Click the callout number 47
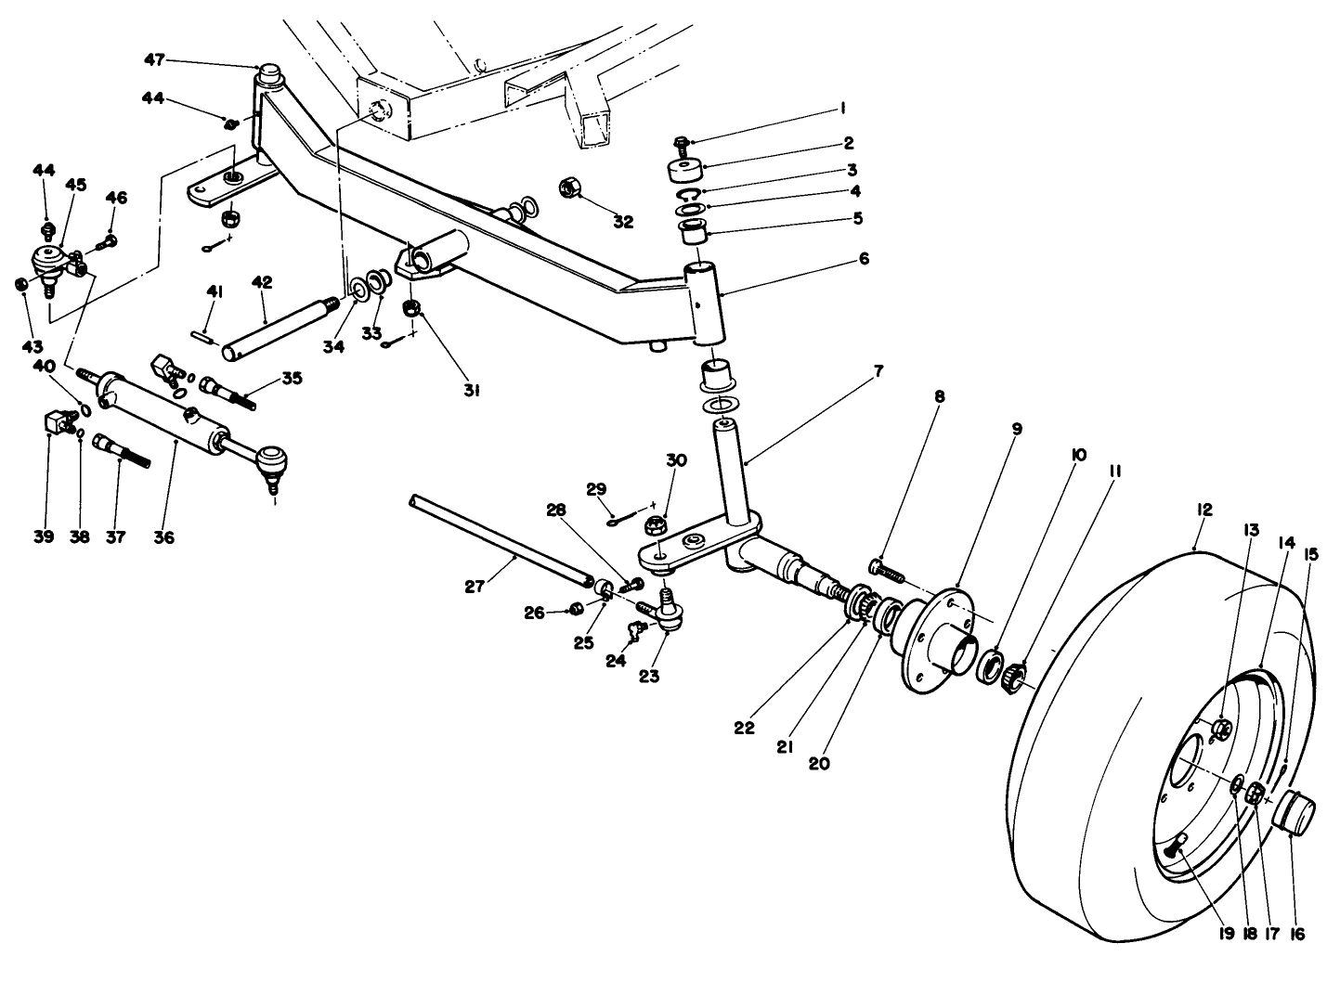(x=154, y=60)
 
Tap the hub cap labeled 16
(x=1294, y=814)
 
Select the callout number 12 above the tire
(x=1204, y=510)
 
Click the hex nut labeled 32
(x=570, y=188)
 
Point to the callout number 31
(x=471, y=391)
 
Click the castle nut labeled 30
(x=653, y=527)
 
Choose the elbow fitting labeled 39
(x=59, y=423)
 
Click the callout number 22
(x=744, y=729)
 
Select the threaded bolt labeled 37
(x=122, y=453)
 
